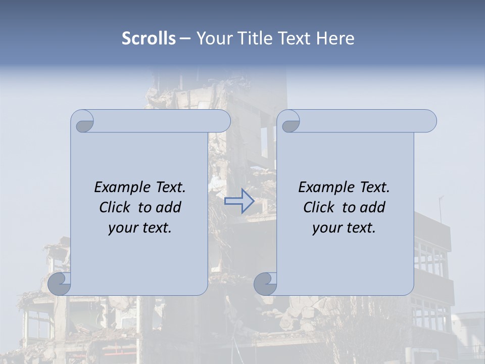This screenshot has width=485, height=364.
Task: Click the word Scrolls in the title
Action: tap(149, 38)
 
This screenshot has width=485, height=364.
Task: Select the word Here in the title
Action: tap(335, 38)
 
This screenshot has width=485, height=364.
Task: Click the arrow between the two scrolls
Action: tap(239, 201)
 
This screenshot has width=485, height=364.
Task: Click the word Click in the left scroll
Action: tap(116, 207)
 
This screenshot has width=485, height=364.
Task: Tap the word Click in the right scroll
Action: tap(319, 207)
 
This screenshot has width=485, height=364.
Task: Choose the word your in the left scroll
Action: tap(123, 228)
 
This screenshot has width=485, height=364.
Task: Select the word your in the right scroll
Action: tap(327, 228)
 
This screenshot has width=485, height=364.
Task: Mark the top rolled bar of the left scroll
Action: tap(162, 121)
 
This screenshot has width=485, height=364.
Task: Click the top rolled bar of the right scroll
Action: tap(368, 121)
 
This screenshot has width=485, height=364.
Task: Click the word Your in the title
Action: tap(213, 38)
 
